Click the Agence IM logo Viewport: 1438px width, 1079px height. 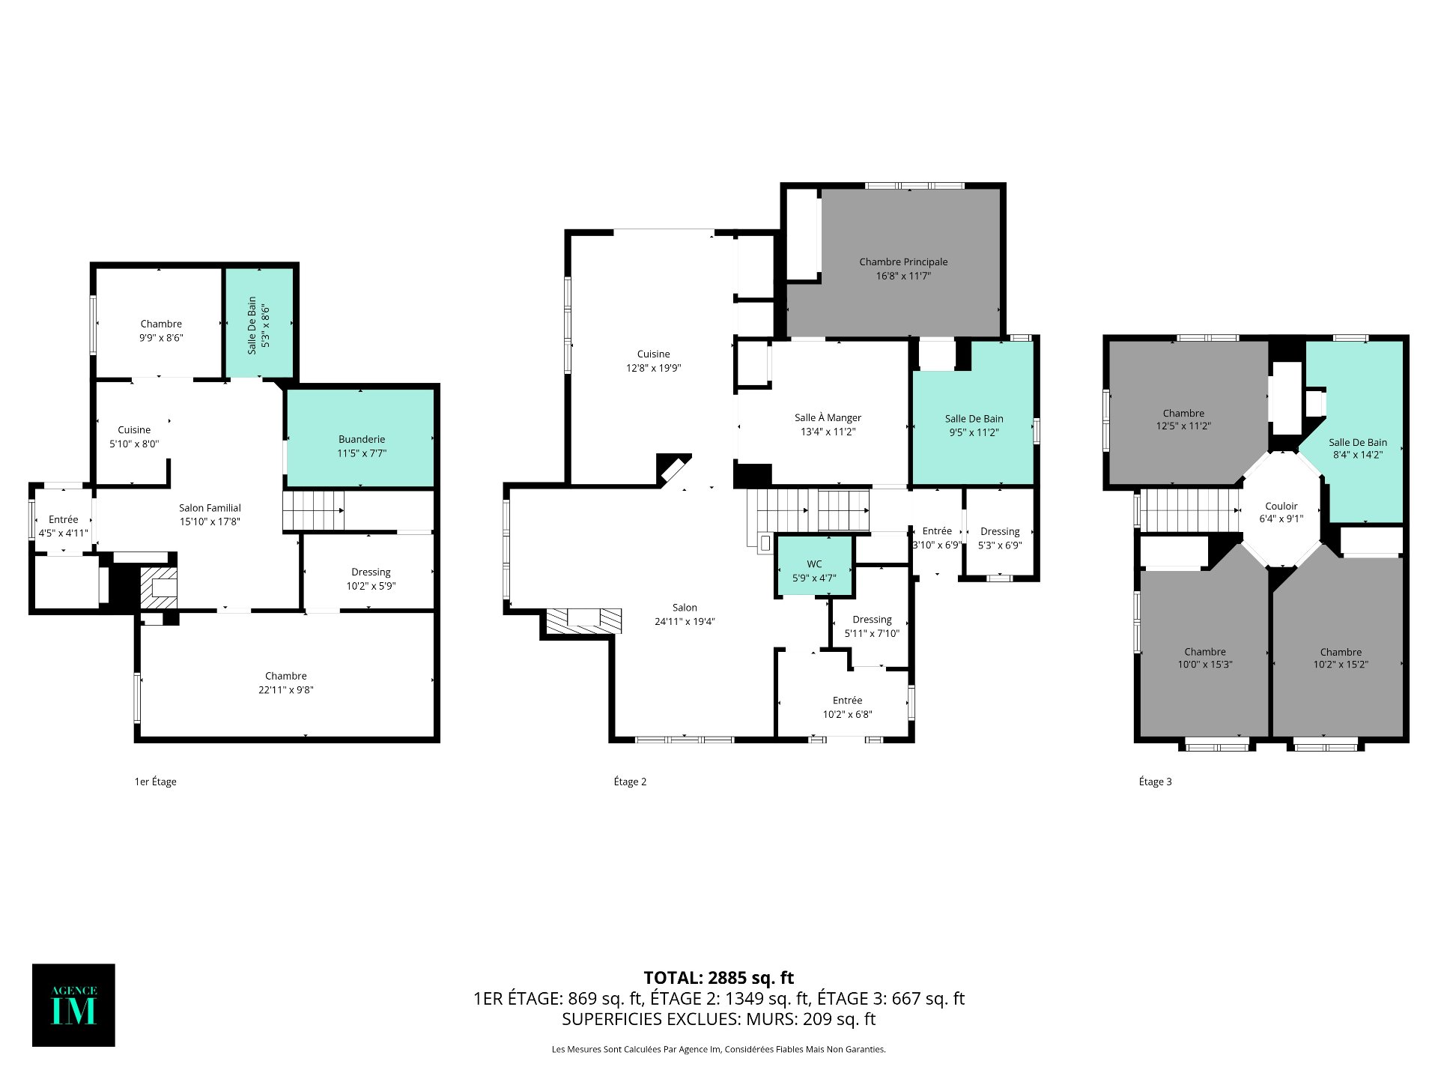[x=73, y=1005]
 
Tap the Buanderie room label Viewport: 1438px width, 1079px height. [x=362, y=439]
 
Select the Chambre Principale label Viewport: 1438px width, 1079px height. [x=903, y=262]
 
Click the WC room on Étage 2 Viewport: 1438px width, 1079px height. [x=814, y=566]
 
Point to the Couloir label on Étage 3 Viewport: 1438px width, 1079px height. [x=1281, y=506]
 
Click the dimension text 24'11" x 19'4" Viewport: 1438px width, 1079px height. [x=685, y=621]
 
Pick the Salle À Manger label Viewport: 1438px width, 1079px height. [x=828, y=417]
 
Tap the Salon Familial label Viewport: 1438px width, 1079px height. [x=210, y=508]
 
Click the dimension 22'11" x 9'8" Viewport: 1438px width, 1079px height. [x=285, y=690]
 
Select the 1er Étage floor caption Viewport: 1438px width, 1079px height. [x=155, y=782]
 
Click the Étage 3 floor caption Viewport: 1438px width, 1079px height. [x=1155, y=782]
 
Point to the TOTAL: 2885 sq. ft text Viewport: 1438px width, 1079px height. [x=719, y=978]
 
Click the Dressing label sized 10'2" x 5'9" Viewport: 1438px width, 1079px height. [x=371, y=572]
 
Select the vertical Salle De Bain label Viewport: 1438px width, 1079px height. [x=252, y=325]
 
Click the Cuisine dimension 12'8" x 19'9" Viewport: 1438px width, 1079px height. [x=654, y=368]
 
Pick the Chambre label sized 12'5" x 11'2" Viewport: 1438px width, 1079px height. [x=1183, y=413]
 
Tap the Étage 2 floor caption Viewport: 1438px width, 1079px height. [x=630, y=782]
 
